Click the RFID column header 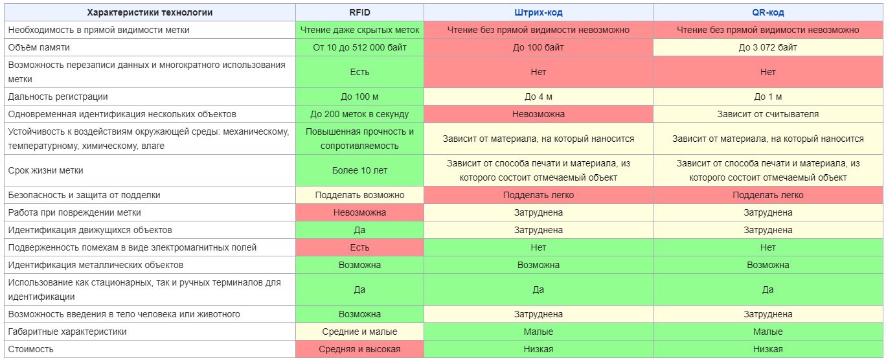pyautogui.click(x=359, y=12)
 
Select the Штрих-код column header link pyautogui.click(x=538, y=12)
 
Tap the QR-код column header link pyautogui.click(x=767, y=12)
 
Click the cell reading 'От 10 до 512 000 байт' pyautogui.click(x=359, y=47)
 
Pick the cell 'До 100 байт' pyautogui.click(x=538, y=47)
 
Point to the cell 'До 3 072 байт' pyautogui.click(x=767, y=47)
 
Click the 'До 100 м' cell pyautogui.click(x=359, y=97)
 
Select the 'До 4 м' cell pyautogui.click(x=538, y=97)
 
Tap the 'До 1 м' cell pyautogui.click(x=767, y=97)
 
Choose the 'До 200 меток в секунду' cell pyautogui.click(x=359, y=115)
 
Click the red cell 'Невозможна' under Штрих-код pyautogui.click(x=538, y=115)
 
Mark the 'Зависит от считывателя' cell pyautogui.click(x=767, y=115)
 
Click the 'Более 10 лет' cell pyautogui.click(x=359, y=170)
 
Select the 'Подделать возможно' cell pyautogui.click(x=359, y=195)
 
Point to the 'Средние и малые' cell pyautogui.click(x=359, y=332)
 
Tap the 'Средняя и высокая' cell pyautogui.click(x=359, y=349)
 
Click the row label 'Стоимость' pyautogui.click(x=30, y=349)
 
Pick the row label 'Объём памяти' pyautogui.click(x=38, y=47)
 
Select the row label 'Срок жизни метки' pyautogui.click(x=45, y=170)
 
